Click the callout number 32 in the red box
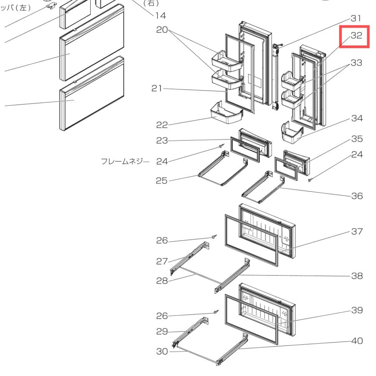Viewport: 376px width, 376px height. pyautogui.click(x=356, y=36)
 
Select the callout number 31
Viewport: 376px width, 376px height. pyautogui.click(x=356, y=18)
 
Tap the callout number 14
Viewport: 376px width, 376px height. pyautogui.click(x=160, y=16)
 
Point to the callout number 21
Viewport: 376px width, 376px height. pyautogui.click(x=157, y=89)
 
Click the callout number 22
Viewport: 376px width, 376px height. pyautogui.click(x=162, y=125)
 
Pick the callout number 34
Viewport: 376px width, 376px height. pyautogui.click(x=357, y=118)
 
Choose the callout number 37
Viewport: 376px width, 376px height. pyautogui.click(x=357, y=231)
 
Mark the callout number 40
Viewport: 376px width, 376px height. pyautogui.click(x=357, y=341)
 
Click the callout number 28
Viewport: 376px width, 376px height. pyautogui.click(x=162, y=281)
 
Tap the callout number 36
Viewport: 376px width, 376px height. pyautogui.click(x=357, y=196)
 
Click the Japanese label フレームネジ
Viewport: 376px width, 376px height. pyautogui.click(x=122, y=161)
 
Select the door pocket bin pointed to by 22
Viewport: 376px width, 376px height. pyautogui.click(x=226, y=113)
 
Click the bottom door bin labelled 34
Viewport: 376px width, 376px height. pyautogui.click(x=292, y=132)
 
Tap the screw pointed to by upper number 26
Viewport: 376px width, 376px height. pyautogui.click(x=214, y=237)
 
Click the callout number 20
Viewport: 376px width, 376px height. pyautogui.click(x=162, y=30)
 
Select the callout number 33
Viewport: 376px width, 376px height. pyautogui.click(x=356, y=63)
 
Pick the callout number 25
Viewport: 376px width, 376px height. pyautogui.click(x=161, y=181)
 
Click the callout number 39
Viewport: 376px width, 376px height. pyautogui.click(x=357, y=310)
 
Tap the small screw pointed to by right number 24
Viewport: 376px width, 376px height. pyautogui.click(x=310, y=180)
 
